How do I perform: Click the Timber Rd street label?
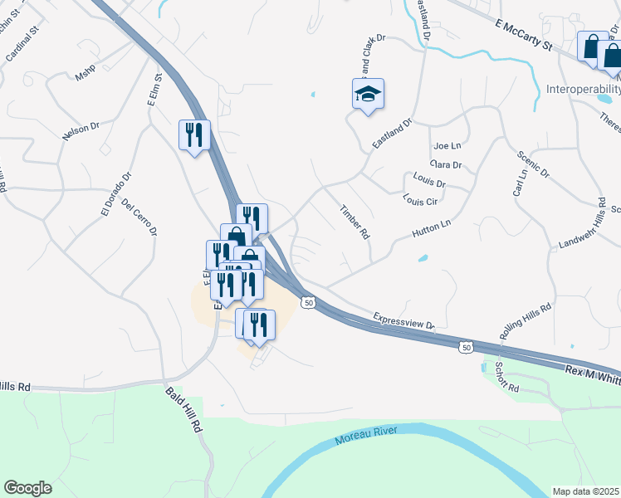(355, 222)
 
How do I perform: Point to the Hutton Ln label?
(431, 229)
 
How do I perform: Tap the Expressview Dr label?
(404, 321)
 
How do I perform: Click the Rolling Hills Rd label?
(526, 317)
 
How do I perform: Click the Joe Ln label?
(446, 145)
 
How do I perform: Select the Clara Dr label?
(446, 164)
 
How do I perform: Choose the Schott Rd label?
(506, 377)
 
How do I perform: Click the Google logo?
(27, 488)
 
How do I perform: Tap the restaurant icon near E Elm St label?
(194, 134)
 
